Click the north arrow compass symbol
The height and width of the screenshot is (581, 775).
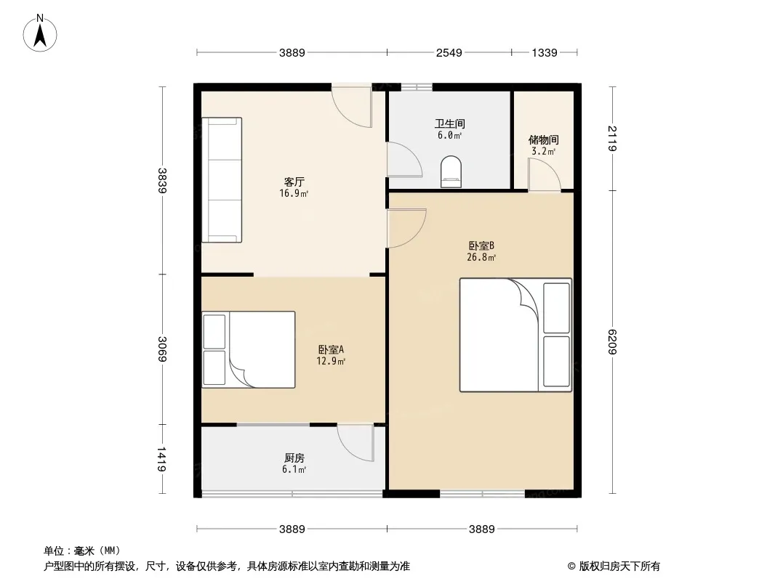tap(40, 33)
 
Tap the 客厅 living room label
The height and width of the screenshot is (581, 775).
tap(294, 182)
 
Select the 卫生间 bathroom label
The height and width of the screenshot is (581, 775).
tap(450, 124)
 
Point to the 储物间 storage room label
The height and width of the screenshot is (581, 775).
tap(544, 140)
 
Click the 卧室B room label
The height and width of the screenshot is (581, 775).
tap(481, 245)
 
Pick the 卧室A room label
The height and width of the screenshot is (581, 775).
tap(331, 349)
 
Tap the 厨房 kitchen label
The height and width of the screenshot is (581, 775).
tap(294, 458)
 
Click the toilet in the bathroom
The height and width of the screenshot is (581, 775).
tap(451, 172)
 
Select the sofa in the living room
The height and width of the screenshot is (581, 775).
tap(222, 180)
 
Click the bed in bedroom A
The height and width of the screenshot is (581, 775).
tap(249, 349)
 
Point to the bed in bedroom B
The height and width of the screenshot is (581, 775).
tap(515, 336)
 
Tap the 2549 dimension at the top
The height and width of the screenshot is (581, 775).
tap(449, 52)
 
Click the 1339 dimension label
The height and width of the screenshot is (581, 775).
tap(545, 52)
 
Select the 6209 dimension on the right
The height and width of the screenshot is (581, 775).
tap(612, 341)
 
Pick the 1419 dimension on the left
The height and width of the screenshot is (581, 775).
tap(161, 459)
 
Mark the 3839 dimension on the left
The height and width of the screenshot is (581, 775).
tap(161, 181)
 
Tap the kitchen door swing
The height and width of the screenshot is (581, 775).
tap(356, 443)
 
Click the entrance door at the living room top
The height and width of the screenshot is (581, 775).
tap(351, 105)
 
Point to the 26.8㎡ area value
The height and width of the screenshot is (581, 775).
tap(481, 257)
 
